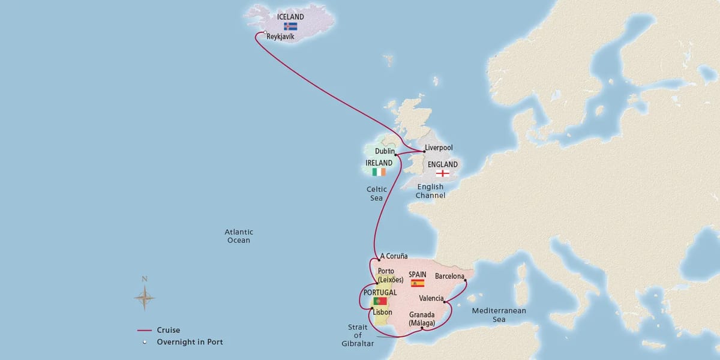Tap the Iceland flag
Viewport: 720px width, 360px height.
pos(290,26)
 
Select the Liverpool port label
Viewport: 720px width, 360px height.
pos(439,148)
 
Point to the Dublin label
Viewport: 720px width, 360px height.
pos(384,152)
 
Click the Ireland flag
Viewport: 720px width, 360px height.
pos(379,172)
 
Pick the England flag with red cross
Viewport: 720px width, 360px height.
pos(442,174)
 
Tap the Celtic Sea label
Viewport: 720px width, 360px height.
pos(377,193)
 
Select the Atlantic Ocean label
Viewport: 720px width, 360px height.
pos(238,236)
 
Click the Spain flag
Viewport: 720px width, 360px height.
pos(417,283)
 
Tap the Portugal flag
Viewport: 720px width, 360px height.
pos(380,301)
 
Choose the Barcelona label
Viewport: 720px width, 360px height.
pos(450,276)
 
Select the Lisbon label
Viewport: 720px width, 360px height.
pos(382,312)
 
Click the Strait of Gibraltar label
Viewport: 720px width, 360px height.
pos(361,335)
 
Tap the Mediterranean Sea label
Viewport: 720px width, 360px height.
pos(499,315)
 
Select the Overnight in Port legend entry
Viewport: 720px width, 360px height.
pos(188,342)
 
